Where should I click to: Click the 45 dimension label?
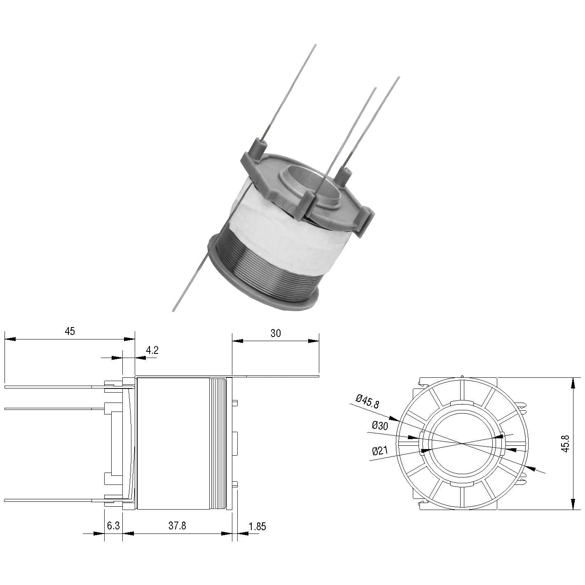coord(70,331)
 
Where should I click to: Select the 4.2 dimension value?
coord(152,350)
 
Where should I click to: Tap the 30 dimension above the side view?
coord(276,333)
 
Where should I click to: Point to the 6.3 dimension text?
coord(113,526)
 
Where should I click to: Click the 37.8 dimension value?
coord(177,526)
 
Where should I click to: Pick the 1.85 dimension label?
coord(257,526)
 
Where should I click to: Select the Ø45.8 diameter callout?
coord(367,401)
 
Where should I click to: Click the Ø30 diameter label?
coord(380,426)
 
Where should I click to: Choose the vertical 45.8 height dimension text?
coord(565,444)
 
